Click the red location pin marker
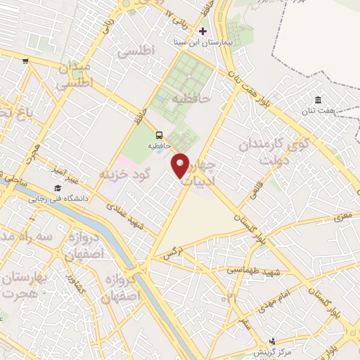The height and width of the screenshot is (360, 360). [181, 165]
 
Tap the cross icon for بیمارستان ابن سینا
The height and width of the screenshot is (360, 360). [203, 32]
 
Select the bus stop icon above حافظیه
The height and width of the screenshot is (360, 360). [159, 135]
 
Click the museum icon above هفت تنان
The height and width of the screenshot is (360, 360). [318, 99]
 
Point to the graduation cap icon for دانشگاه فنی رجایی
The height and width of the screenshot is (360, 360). [57, 188]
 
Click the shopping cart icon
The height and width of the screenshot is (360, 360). [26, 61]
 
